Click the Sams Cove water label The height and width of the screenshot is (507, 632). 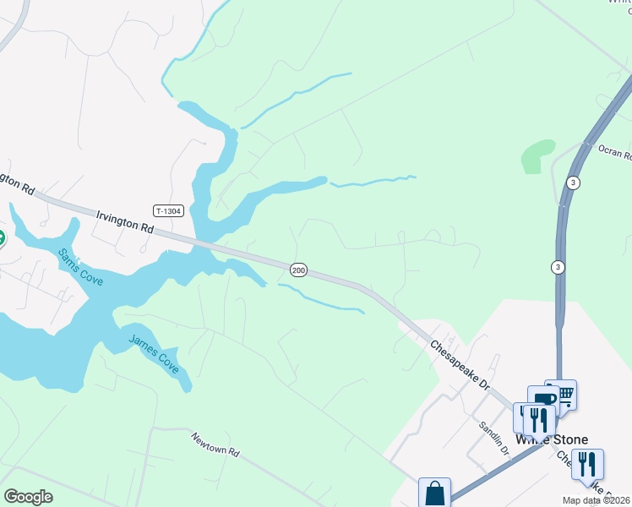pos(80,266)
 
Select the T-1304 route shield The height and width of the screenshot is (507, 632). pos(168,210)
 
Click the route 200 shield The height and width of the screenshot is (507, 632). pos(298,270)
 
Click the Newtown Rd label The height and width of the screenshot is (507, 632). pos(215,444)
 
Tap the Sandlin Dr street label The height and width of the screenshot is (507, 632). pos(493,439)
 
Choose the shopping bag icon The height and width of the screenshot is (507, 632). pos(435,492)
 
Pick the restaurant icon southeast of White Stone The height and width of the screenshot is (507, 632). pos(587,463)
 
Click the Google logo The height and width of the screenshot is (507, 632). pos(28,497)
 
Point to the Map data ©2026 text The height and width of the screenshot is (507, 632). pos(597,499)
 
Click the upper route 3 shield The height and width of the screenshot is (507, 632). pos(573,183)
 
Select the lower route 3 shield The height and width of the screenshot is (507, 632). pos(557,267)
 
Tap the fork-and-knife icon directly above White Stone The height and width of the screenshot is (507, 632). pos(538,419)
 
